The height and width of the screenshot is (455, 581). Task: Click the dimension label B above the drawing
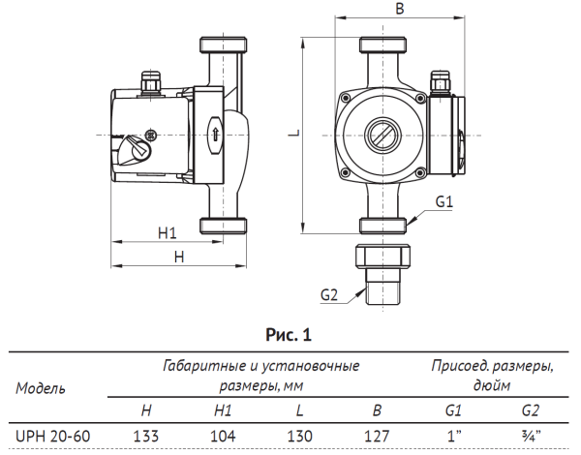point(401,9)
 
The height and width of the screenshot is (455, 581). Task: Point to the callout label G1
point(444,201)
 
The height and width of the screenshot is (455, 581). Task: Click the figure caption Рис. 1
point(290,336)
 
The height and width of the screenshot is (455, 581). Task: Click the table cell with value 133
point(145,436)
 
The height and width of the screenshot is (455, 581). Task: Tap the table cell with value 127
point(376,436)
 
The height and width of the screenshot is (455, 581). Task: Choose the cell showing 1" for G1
point(453,436)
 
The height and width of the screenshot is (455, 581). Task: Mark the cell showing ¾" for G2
point(530,436)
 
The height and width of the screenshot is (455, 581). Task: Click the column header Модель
point(42,388)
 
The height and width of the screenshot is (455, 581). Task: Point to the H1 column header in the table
point(222,411)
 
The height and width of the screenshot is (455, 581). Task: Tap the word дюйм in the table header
point(492,384)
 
